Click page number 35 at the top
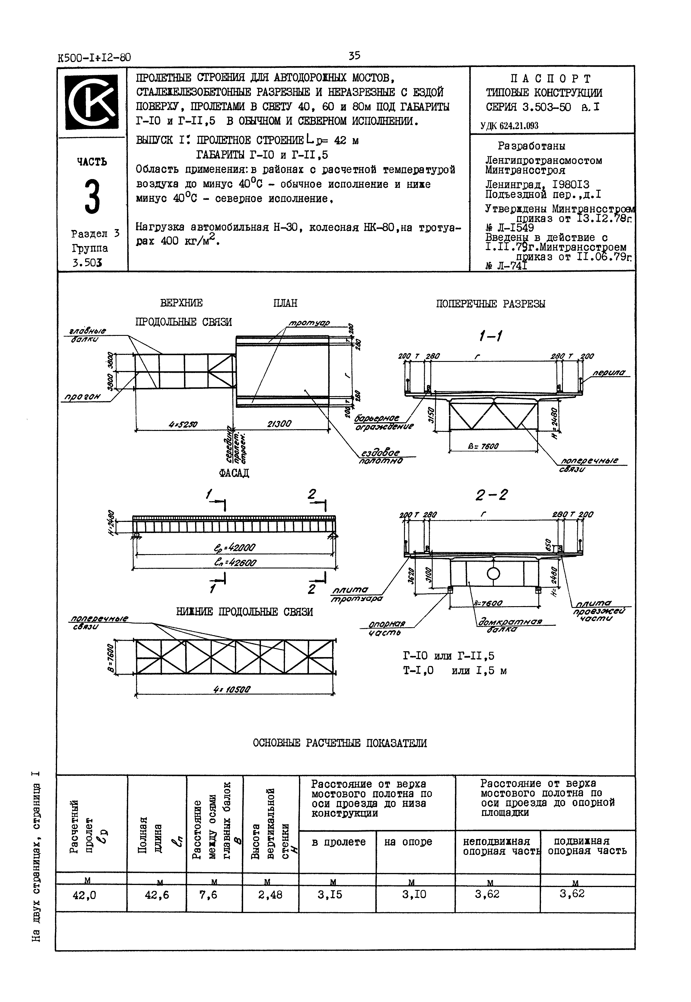tap(354, 56)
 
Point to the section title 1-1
tap(490, 336)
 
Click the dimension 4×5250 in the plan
tap(183, 425)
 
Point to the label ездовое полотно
tap(381, 457)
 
